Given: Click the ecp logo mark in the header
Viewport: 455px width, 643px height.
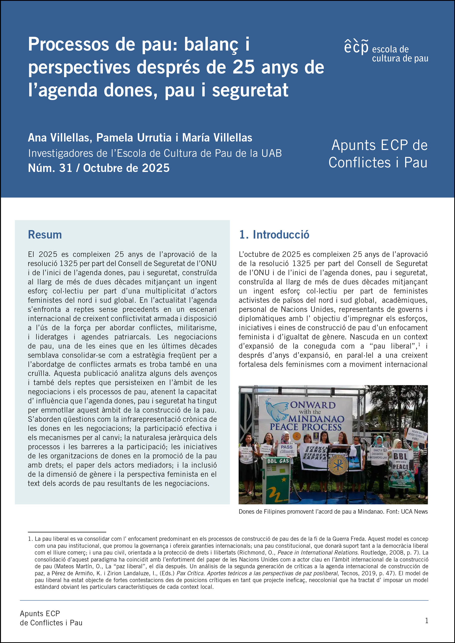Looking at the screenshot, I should (356, 47).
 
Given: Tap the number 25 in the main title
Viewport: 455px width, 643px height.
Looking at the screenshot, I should (244, 67).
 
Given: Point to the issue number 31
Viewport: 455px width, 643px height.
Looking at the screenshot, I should (66, 168).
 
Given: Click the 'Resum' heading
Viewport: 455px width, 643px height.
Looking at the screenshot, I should (45, 235).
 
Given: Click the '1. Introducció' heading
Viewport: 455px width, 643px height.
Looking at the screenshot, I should (274, 235).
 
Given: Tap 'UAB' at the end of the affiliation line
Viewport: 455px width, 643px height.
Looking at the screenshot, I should (271, 153).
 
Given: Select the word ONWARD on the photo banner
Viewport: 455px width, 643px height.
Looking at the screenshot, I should (312, 405).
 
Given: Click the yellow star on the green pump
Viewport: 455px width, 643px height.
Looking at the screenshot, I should (284, 480).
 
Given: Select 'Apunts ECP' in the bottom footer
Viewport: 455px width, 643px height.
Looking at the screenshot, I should (40, 614).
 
